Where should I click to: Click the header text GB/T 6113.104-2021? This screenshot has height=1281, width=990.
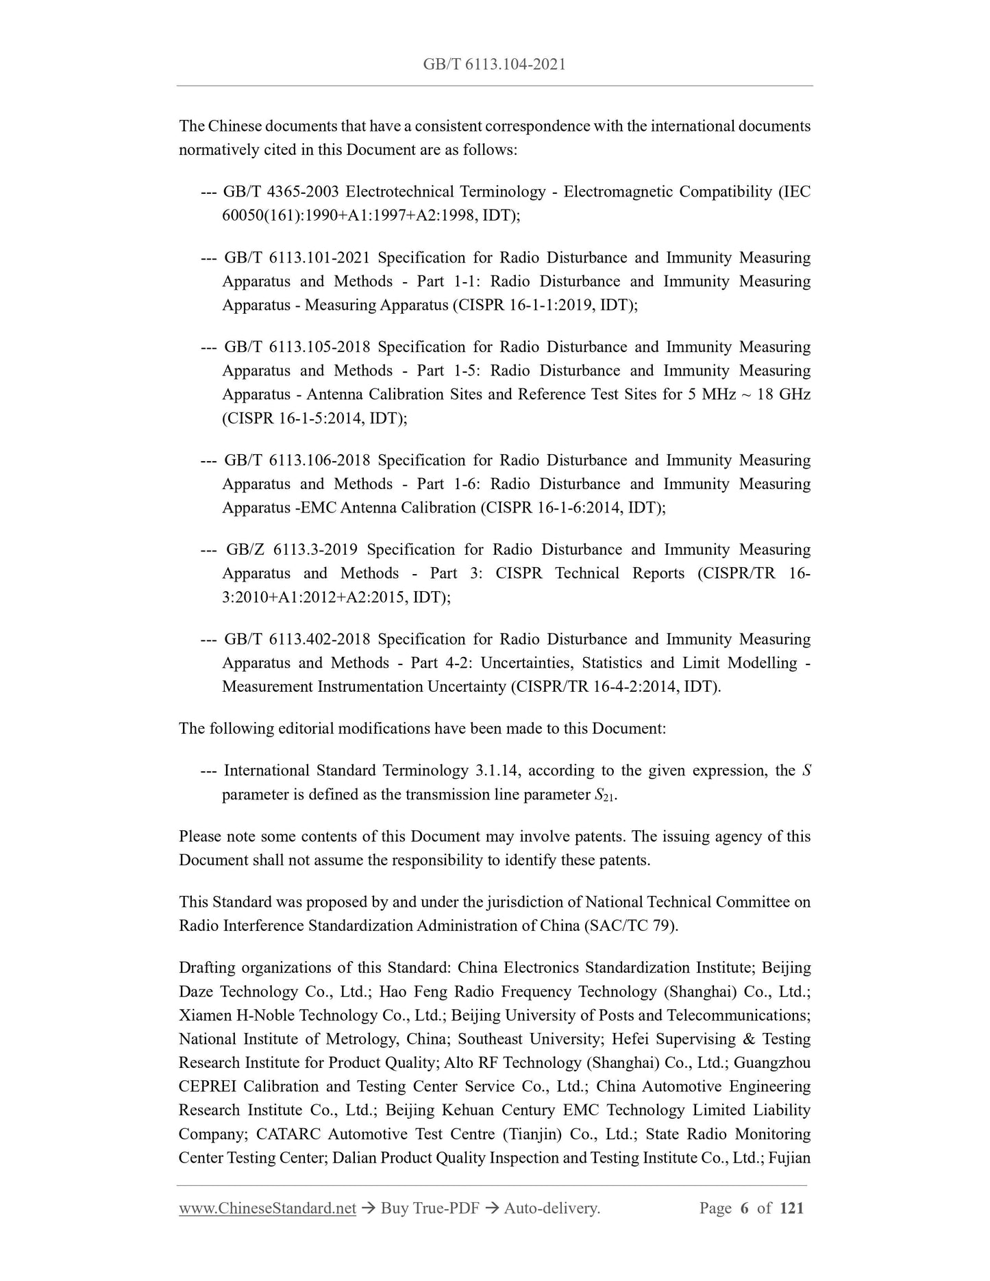pos(494,64)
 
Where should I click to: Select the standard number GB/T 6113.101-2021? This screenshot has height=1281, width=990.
pos(297,258)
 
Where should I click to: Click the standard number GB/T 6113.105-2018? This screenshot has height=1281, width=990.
pos(297,347)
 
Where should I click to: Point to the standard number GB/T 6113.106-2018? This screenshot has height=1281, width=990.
pos(297,460)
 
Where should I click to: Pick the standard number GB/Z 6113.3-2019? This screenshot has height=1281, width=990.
pos(290,550)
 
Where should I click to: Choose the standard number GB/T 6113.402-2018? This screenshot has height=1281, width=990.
pos(297,639)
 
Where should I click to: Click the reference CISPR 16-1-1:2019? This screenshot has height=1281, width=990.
pos(524,305)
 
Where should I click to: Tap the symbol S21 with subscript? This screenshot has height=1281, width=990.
pos(601,795)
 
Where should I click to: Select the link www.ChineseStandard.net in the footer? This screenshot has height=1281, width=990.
pos(267,1208)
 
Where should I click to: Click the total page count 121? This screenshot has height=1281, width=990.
pos(791,1208)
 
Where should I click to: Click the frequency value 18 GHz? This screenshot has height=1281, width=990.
pos(783,395)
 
